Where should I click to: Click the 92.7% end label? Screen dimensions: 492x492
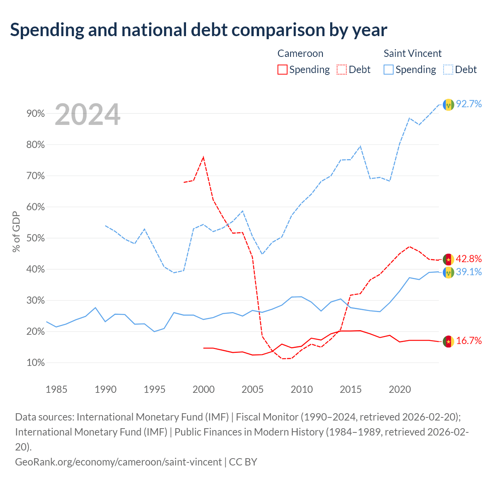[469, 104]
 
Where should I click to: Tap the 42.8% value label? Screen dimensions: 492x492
[469, 259]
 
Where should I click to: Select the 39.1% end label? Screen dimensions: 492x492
[469, 272]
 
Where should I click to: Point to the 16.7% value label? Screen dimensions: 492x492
[469, 341]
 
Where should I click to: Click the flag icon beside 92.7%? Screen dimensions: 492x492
[448, 105]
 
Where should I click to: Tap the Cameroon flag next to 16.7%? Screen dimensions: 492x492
[448, 342]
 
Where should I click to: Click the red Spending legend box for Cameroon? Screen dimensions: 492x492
[282, 70]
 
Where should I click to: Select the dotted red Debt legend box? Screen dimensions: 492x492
[341, 70]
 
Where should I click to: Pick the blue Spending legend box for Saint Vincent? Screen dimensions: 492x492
[388, 70]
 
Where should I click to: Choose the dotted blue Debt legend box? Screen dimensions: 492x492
[448, 70]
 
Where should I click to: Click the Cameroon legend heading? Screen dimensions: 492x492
[300, 53]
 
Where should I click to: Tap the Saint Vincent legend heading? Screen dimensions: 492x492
[412, 53]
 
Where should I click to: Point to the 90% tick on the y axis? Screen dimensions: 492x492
[35, 114]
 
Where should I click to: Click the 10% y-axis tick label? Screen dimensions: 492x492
[35, 362]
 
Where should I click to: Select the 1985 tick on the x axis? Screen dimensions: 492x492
[57, 389]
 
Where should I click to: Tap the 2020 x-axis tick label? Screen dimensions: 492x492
[400, 389]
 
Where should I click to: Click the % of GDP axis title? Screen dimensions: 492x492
[16, 231]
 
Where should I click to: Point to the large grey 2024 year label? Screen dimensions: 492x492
[87, 115]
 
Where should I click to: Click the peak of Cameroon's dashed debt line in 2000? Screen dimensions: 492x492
[203, 157]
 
